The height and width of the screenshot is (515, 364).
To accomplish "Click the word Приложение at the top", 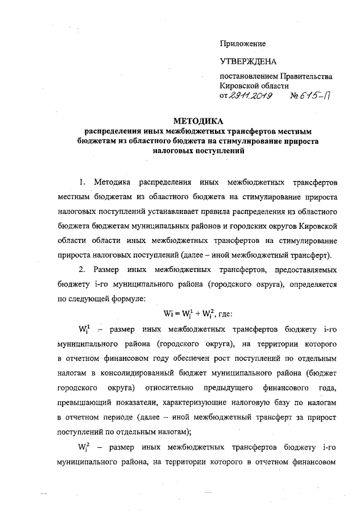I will tap(243, 43).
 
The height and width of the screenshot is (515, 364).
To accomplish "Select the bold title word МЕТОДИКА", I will tap(198, 121).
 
